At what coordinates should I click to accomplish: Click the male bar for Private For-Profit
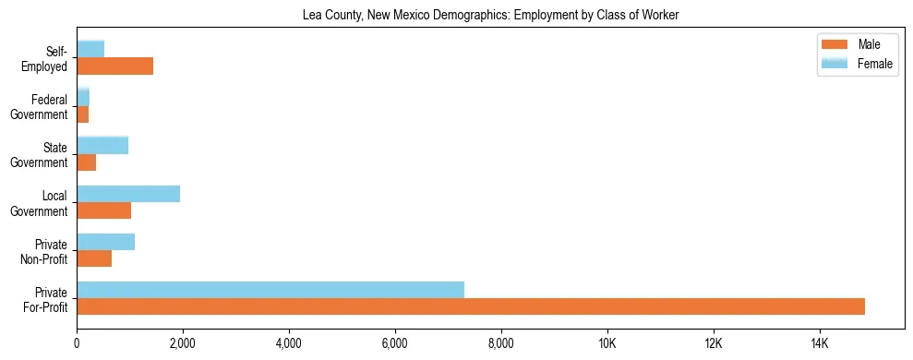tap(471, 306)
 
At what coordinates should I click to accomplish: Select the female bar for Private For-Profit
tap(270, 290)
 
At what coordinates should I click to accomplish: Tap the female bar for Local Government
tap(128, 194)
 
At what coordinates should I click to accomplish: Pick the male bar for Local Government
tap(103, 210)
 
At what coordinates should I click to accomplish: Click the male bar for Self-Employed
tap(114, 66)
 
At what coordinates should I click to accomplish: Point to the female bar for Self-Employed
tap(90, 49)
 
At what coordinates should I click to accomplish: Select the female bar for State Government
tap(102, 145)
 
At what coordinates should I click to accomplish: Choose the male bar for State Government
tap(86, 162)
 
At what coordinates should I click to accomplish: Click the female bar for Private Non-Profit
tap(105, 242)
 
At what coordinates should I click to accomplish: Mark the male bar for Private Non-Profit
tap(94, 258)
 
